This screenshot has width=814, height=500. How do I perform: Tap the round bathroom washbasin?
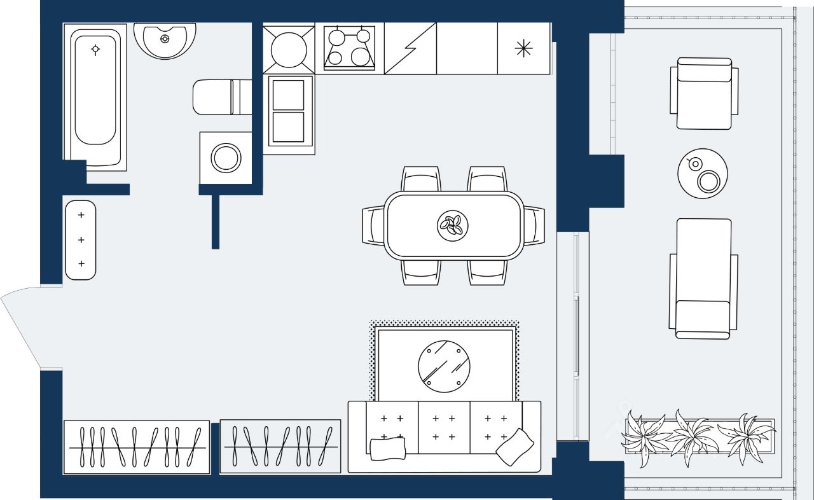pyautogui.click(x=165, y=39)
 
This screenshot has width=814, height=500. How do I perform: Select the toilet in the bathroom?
pyautogui.click(x=216, y=97)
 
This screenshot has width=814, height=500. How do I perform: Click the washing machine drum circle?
pyautogui.click(x=226, y=158)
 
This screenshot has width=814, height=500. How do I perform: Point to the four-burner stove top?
pyautogui.click(x=349, y=48)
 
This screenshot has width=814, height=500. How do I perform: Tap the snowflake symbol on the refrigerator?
pyautogui.click(x=523, y=48)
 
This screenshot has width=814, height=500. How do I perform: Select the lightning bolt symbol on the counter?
pyautogui.click(x=410, y=48)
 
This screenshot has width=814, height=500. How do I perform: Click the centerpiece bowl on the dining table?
pyautogui.click(x=453, y=225)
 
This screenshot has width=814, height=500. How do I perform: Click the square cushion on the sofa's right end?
pyautogui.click(x=515, y=446)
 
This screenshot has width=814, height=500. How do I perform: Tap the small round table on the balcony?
pyautogui.click(x=703, y=174)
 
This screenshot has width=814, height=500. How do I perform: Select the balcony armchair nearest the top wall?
pyautogui.click(x=704, y=94)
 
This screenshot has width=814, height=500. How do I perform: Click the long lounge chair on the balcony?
pyautogui.click(x=703, y=278)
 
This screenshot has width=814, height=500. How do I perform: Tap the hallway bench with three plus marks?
pyautogui.click(x=81, y=240)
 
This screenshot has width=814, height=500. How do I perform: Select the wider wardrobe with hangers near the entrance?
pyautogui.click(x=137, y=447)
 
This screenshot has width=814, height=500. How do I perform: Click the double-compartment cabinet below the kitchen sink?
pyautogui.click(x=289, y=111)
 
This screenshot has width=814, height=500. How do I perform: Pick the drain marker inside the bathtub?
pyautogui.click(x=95, y=49)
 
